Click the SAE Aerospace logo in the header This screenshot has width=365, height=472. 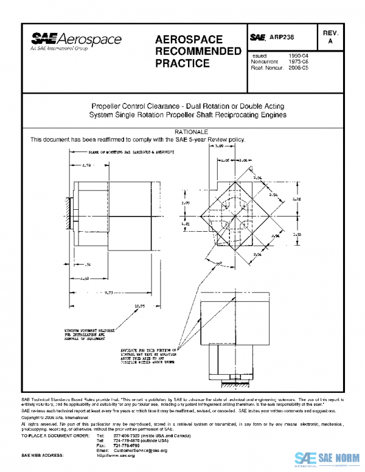[x=76, y=41]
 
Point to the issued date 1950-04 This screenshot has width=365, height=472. [x=299, y=55]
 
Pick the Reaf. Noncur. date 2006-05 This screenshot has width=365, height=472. [x=299, y=68]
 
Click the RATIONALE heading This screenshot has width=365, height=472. [x=192, y=132]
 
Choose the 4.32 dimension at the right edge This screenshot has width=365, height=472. [x=296, y=199]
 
